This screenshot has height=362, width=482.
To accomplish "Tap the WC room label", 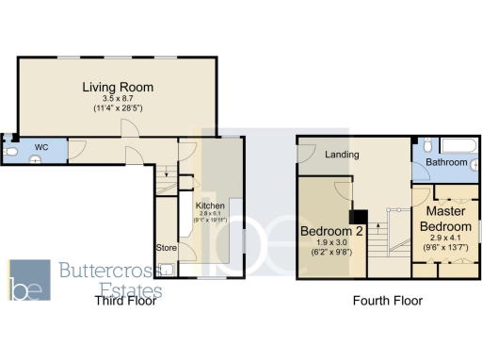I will point(41,148).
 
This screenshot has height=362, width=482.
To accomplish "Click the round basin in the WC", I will point(34,160).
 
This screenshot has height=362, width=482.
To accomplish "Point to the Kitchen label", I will point(209,206).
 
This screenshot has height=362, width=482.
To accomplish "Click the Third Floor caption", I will point(125,301).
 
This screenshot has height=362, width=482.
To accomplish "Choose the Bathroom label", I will point(445,163).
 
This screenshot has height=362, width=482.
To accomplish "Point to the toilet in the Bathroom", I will point(426,145).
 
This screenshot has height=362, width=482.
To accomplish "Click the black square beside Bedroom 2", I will point(359,216).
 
